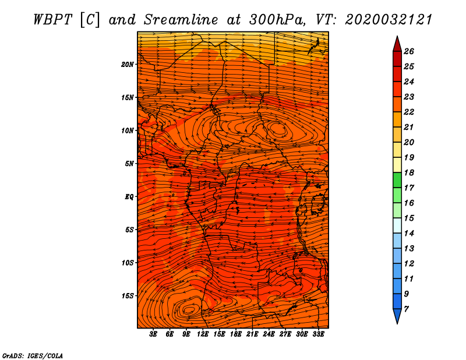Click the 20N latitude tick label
pyautogui.click(x=128, y=65)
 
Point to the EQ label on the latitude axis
pyautogui.click(x=129, y=197)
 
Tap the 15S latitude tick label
pyautogui.click(x=128, y=296)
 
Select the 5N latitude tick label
pyautogui.click(x=129, y=164)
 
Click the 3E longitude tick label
pyautogui.click(x=153, y=334)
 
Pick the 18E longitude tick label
pyautogui.click(x=236, y=334)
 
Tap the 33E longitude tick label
pyautogui.click(x=318, y=334)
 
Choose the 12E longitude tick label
pyautogui.click(x=203, y=334)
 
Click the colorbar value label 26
pyautogui.click(x=409, y=51)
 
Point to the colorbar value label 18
pyautogui.click(x=409, y=172)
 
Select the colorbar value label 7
pyautogui.click(x=406, y=309)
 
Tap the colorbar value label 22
pyautogui.click(x=409, y=112)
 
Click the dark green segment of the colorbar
pyautogui.click(x=397, y=180)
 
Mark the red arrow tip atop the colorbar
pyautogui.click(x=397, y=37)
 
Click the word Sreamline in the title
pyautogui.click(x=181, y=20)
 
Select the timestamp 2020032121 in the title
pyautogui.click(x=389, y=20)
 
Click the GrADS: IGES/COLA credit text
pyautogui.click(x=33, y=356)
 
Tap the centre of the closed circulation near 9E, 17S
pyautogui.click(x=189, y=310)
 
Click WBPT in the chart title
pyautogui.click(x=52, y=20)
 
